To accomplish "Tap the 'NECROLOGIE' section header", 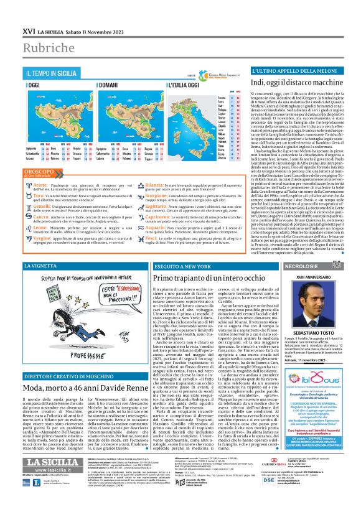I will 301,266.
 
